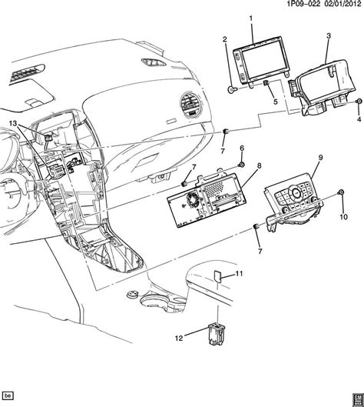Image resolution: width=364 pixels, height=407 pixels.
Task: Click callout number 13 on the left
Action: (x=12, y=124)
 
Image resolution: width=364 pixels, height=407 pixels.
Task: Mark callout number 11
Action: (x=239, y=274)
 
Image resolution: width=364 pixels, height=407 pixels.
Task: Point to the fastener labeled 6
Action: (x=241, y=165)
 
